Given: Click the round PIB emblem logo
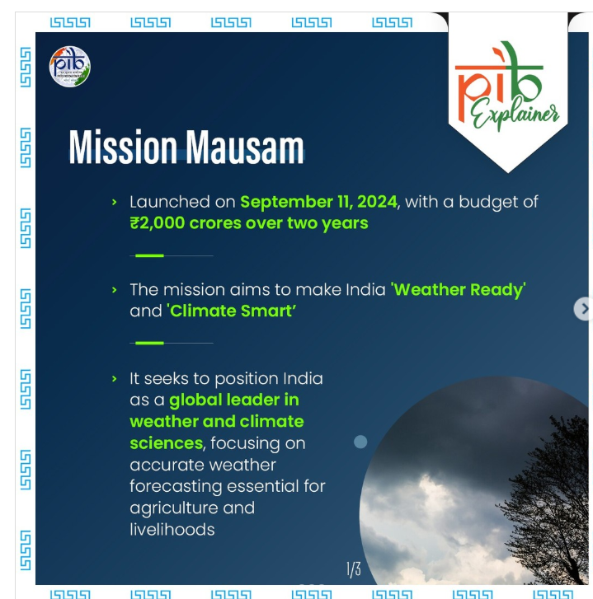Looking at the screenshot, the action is point(70,67).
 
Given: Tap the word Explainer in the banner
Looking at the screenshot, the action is point(515,114).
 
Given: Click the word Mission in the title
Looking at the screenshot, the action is point(123,147).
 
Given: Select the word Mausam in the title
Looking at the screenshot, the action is point(245,147).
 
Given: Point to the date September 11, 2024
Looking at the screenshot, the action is point(319,202).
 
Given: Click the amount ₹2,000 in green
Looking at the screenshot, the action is point(158,223).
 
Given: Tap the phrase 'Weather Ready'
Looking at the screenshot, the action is point(458,290).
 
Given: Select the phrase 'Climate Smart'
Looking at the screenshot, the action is point(231,311).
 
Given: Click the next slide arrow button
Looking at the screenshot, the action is point(583,309).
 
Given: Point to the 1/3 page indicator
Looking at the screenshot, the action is point(354,569).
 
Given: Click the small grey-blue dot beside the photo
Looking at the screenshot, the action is point(360,442).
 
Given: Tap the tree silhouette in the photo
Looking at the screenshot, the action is point(547,497).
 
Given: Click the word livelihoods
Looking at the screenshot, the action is point(172,530).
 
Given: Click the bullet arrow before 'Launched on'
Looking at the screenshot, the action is point(114,202).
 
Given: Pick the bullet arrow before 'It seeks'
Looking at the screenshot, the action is point(114,378).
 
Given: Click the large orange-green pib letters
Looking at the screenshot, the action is point(499,82).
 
